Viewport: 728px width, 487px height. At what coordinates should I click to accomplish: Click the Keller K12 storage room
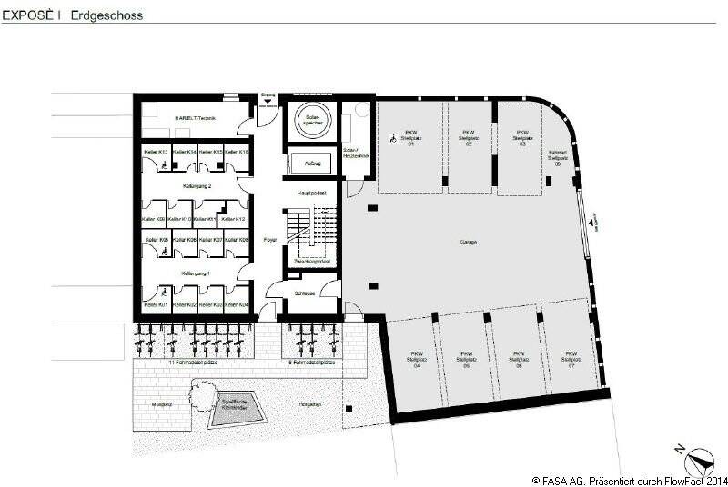235,218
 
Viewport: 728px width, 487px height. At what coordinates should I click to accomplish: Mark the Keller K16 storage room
238,153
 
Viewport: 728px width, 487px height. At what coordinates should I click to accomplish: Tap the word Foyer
269,240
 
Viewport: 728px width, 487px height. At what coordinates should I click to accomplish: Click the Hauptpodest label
312,194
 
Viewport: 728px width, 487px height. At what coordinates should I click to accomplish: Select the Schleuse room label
305,293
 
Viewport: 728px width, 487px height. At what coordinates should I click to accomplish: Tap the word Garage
470,243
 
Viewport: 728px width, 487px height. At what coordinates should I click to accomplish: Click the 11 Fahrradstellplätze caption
193,362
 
